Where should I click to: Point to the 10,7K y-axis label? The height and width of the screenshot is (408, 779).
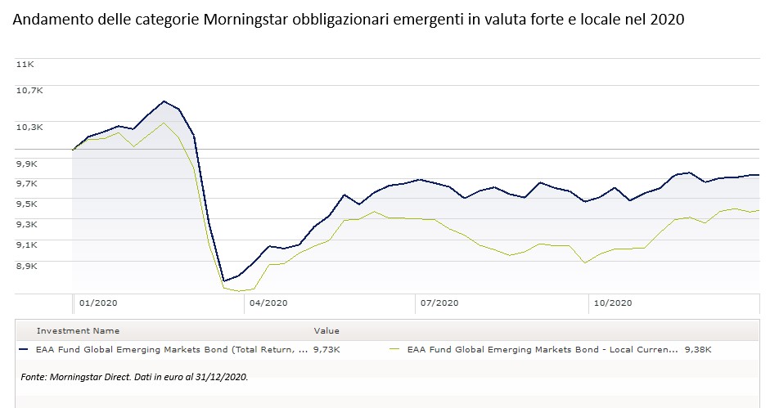29,90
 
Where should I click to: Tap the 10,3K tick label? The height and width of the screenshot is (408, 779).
29,127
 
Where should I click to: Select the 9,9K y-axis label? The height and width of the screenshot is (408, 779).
26,164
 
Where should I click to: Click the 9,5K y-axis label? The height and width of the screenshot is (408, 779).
26,204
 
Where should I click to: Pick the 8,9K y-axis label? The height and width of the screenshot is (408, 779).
26,266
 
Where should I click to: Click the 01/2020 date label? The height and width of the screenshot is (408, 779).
98,303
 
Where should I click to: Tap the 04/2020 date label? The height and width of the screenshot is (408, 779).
268,303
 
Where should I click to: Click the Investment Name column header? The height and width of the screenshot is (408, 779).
78,331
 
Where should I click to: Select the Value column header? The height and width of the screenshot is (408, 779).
326,331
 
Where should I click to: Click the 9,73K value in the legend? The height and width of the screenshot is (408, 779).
326,349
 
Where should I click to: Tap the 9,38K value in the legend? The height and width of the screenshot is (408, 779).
698,349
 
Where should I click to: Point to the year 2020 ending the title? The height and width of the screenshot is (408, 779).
667,20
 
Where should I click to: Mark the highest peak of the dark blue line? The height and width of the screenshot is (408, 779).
164,101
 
